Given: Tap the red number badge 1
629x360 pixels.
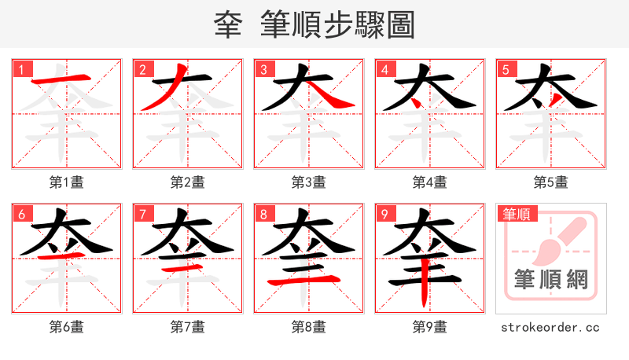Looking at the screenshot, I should [21, 69].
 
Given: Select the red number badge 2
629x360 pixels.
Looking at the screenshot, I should [142, 69].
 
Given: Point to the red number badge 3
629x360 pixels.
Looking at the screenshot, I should [263, 69].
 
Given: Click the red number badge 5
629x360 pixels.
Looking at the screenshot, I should [506, 69].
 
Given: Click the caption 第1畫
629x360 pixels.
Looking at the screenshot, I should [67, 182].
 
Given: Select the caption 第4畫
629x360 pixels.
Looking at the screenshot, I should [430, 182].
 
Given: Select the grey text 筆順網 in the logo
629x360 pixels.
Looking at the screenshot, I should [550, 279].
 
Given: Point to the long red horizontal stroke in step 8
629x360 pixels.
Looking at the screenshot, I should [307, 280].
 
